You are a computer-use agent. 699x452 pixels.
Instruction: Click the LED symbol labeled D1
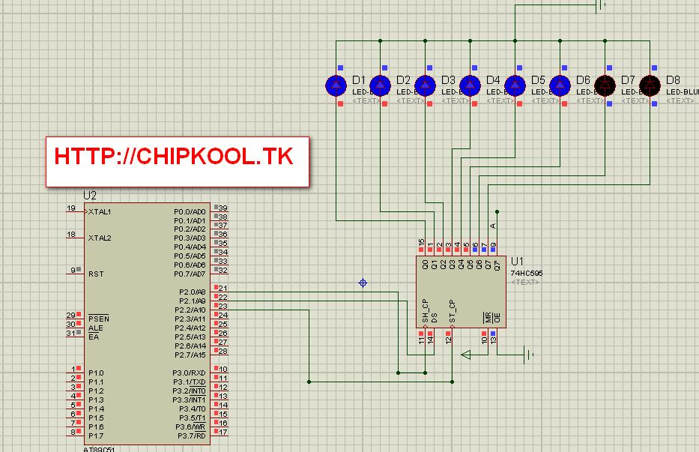point(336,85)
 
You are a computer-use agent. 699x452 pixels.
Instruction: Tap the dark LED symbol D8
point(650,85)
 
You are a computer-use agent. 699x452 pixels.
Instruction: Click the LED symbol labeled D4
point(470,85)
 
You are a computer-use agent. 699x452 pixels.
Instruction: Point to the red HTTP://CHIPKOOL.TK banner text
point(174,156)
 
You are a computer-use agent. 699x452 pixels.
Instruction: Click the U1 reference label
point(517,262)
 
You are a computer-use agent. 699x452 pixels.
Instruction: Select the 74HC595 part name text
point(527,274)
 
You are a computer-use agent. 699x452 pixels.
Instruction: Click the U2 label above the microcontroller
point(90,196)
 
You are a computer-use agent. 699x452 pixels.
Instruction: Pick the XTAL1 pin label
point(100,211)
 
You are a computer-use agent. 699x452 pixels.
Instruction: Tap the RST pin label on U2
point(96,274)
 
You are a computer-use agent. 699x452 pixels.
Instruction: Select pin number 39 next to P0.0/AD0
point(223,208)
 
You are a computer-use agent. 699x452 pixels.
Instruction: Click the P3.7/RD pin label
point(191,436)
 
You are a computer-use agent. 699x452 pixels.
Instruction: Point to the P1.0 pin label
point(96,373)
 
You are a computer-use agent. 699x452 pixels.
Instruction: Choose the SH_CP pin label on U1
point(425,310)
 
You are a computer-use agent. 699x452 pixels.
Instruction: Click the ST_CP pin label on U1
point(452,310)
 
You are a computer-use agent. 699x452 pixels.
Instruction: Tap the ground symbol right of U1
point(529,355)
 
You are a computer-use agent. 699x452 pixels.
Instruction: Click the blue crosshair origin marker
point(363,283)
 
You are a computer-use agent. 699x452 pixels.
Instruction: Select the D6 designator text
point(583,80)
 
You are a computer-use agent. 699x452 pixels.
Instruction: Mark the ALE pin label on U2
point(95,328)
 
